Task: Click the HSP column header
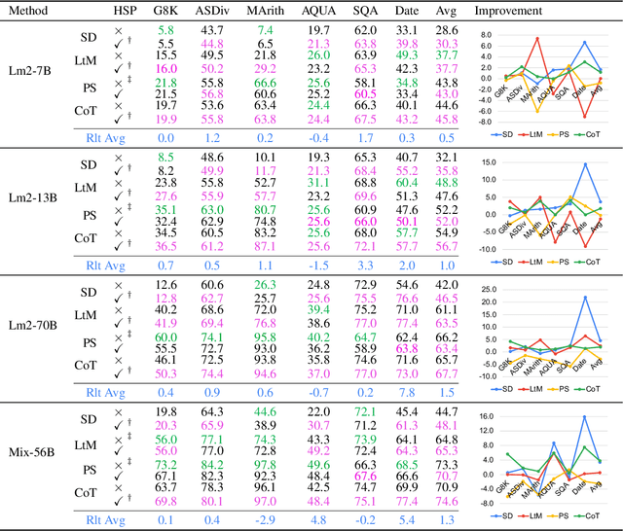(147, 11)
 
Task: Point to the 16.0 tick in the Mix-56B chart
(488, 416)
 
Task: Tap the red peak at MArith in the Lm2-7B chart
(536, 39)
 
